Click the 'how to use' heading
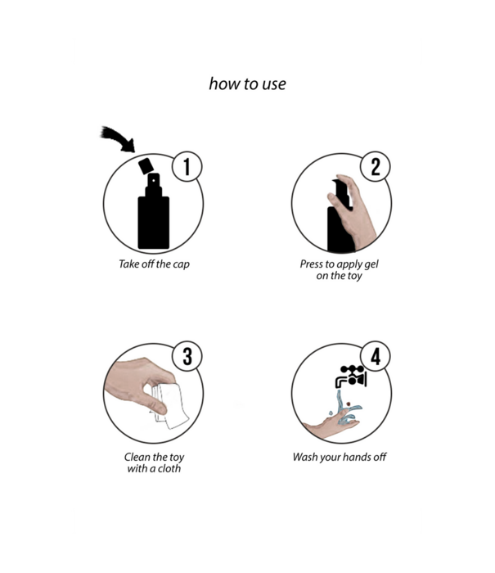pyautogui.click(x=247, y=84)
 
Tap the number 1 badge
pyautogui.click(x=187, y=167)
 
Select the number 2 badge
pyautogui.click(x=376, y=167)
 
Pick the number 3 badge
pyautogui.click(x=187, y=356)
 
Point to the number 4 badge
pyautogui.click(x=376, y=356)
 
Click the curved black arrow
pyautogui.click(x=119, y=138)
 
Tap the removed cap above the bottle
pyautogui.click(x=146, y=166)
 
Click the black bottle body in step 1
pyautogui.click(x=154, y=222)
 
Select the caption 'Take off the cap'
pyautogui.click(x=154, y=264)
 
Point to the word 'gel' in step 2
pyautogui.click(x=371, y=264)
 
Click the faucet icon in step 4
pyautogui.click(x=351, y=377)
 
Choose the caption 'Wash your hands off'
pyautogui.click(x=340, y=457)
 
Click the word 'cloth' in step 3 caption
pyautogui.click(x=169, y=468)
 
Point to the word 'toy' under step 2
pyautogui.click(x=354, y=276)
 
